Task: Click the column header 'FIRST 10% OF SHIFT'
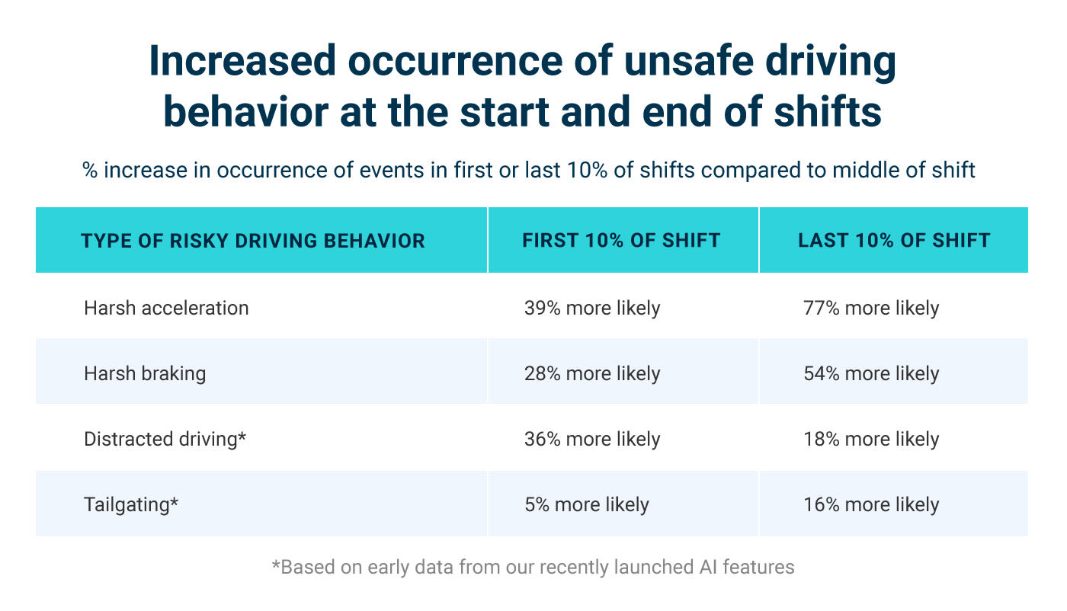coord(621,241)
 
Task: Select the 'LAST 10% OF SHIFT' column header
coord(894,241)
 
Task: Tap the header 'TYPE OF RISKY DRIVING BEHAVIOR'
coord(253,241)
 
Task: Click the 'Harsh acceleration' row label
coord(166,308)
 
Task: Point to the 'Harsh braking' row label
coord(145,373)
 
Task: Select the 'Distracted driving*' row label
coord(165,439)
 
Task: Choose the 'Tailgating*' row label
coord(131,504)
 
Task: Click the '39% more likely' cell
coord(592,308)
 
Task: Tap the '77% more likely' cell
coord(871,308)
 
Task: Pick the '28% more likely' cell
coord(592,373)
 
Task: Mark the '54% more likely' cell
coord(871,373)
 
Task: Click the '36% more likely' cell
coord(592,439)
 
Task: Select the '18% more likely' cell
coord(871,439)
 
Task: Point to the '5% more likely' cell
coord(587,504)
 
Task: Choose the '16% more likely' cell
coord(871,504)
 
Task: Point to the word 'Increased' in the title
coord(242,62)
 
